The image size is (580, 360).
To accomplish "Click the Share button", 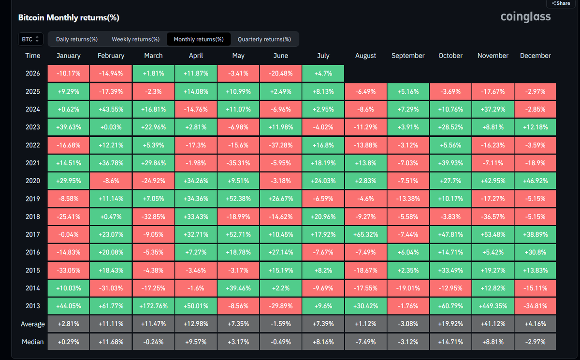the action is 561,3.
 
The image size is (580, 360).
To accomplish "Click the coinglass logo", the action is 525,17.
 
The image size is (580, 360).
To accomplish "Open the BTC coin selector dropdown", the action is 30,39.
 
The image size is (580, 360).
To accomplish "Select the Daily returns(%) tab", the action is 77,39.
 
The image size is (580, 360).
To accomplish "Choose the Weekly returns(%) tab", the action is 136,39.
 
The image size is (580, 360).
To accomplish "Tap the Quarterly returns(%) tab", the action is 264,39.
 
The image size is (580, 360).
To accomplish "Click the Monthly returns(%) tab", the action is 199,39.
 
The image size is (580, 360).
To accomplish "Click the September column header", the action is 408,56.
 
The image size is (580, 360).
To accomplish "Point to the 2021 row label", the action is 33,163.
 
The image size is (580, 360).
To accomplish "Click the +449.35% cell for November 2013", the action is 493,306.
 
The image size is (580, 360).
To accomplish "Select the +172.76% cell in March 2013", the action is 153,306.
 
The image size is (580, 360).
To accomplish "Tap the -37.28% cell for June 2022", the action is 281,145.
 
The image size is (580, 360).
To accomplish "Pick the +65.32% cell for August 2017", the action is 365,234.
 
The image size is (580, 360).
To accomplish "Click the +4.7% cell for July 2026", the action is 323,73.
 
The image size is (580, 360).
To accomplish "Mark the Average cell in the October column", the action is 450,324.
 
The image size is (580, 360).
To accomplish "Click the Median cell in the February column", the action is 111,342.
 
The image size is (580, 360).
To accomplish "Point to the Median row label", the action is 33,342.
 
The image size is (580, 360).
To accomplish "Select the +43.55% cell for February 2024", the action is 111,109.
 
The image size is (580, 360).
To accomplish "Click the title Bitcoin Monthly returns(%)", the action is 69,17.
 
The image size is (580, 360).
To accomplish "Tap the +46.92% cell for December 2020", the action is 535,181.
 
